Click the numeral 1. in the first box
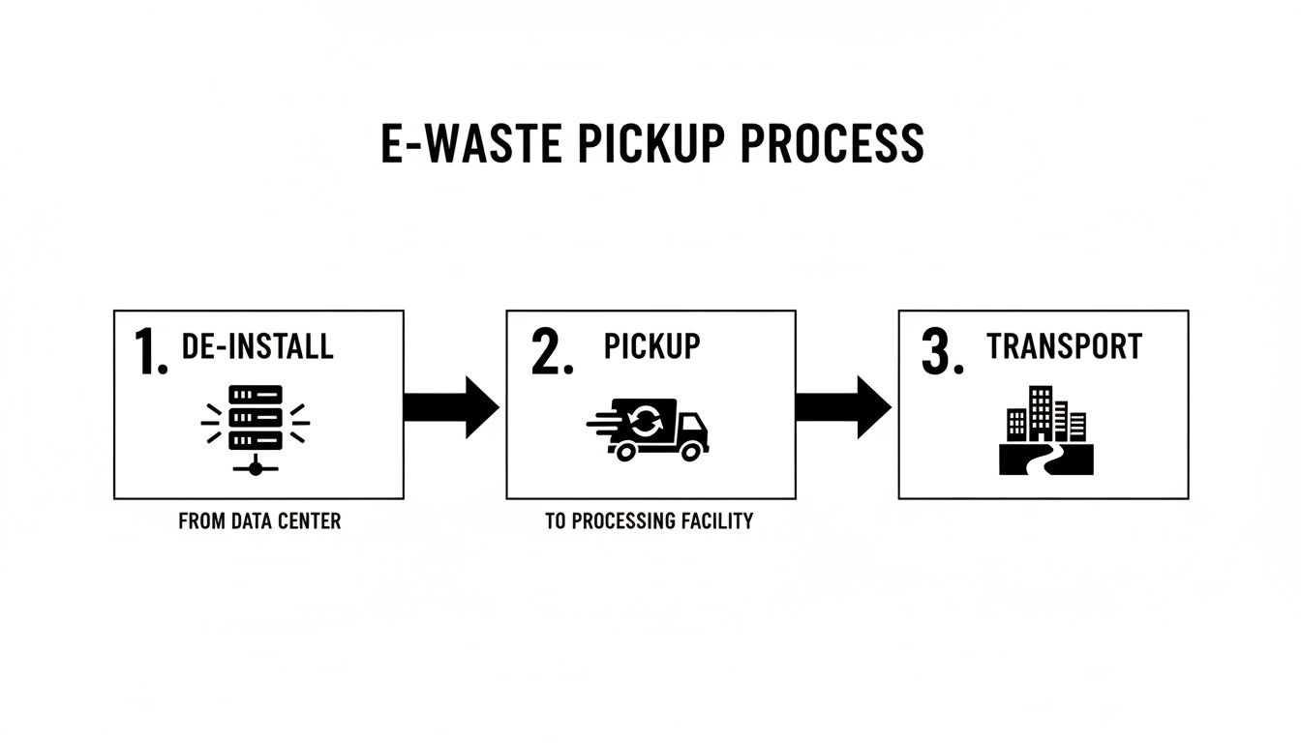pos(151,352)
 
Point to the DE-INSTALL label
pos(257,346)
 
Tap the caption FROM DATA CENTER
pos(259,521)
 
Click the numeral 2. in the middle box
pos(552,353)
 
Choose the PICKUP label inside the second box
pos(651,346)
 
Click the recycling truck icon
pos(649,430)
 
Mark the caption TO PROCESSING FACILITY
pos(649,521)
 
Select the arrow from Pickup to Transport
pos(843,407)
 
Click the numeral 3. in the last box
pos(943,353)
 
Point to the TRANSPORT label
pos(1064,346)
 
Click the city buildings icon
pos(1045,416)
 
